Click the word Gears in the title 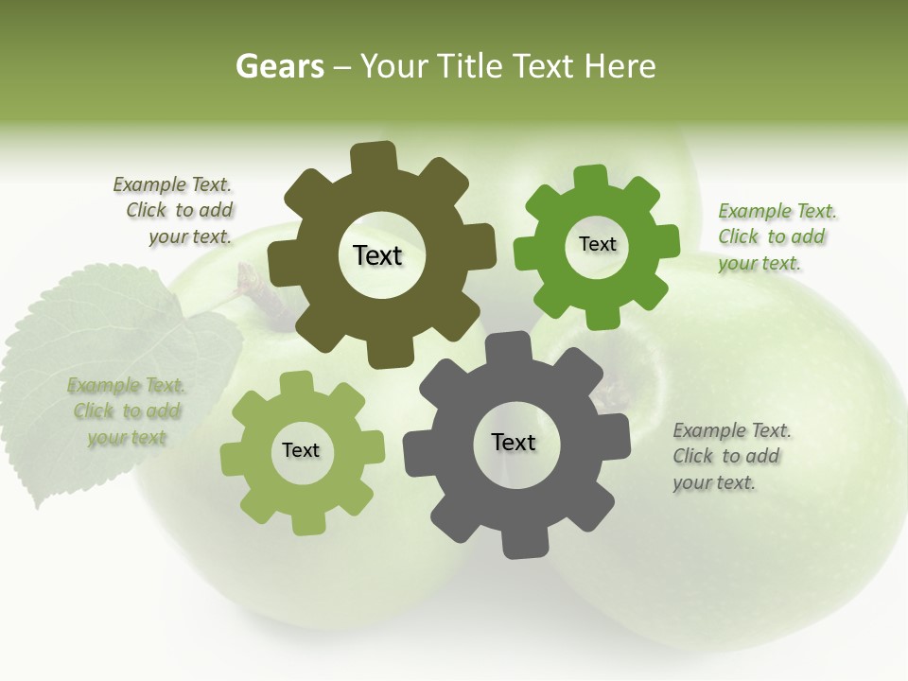279,67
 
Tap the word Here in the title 620,67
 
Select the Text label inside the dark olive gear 377,255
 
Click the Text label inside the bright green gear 597,244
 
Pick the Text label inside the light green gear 301,450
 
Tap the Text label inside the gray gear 514,442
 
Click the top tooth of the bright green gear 590,176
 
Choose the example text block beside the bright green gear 776,236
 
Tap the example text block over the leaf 126,410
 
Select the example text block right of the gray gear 731,456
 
